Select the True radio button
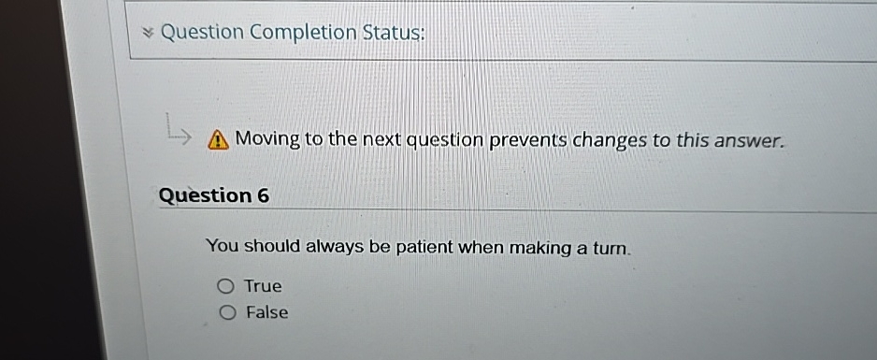[225, 286]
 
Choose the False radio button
[225, 313]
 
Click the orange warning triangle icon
[217, 140]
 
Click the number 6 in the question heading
[262, 195]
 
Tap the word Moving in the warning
[267, 139]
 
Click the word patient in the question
[423, 248]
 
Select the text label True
[263, 286]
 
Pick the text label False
[266, 313]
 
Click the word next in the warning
[381, 140]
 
